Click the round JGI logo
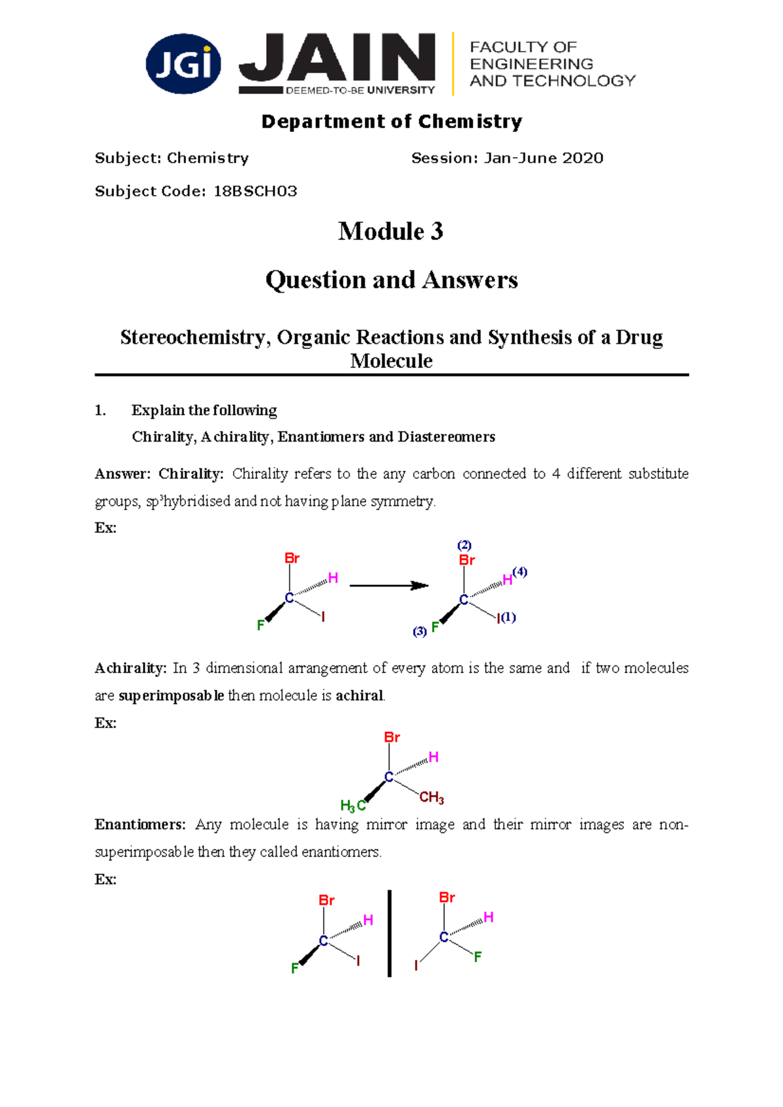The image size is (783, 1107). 183,64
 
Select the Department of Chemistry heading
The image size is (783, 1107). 391,121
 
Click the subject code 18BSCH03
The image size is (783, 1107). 255,191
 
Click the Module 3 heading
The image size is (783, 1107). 391,232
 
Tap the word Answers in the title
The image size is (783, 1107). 470,280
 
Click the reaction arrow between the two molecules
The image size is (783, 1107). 389,586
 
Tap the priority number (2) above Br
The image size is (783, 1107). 464,545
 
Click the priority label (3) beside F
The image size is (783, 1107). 420,631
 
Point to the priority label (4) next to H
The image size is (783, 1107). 519,572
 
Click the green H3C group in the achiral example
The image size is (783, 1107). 352,806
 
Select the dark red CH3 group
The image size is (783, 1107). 431,797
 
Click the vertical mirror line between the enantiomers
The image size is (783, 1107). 390,933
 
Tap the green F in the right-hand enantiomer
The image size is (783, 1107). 478,956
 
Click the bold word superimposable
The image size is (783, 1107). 171,696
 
